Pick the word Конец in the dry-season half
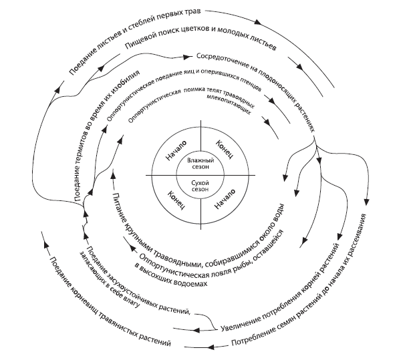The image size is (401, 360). click(174, 198)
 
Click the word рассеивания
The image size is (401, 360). click(364, 236)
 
